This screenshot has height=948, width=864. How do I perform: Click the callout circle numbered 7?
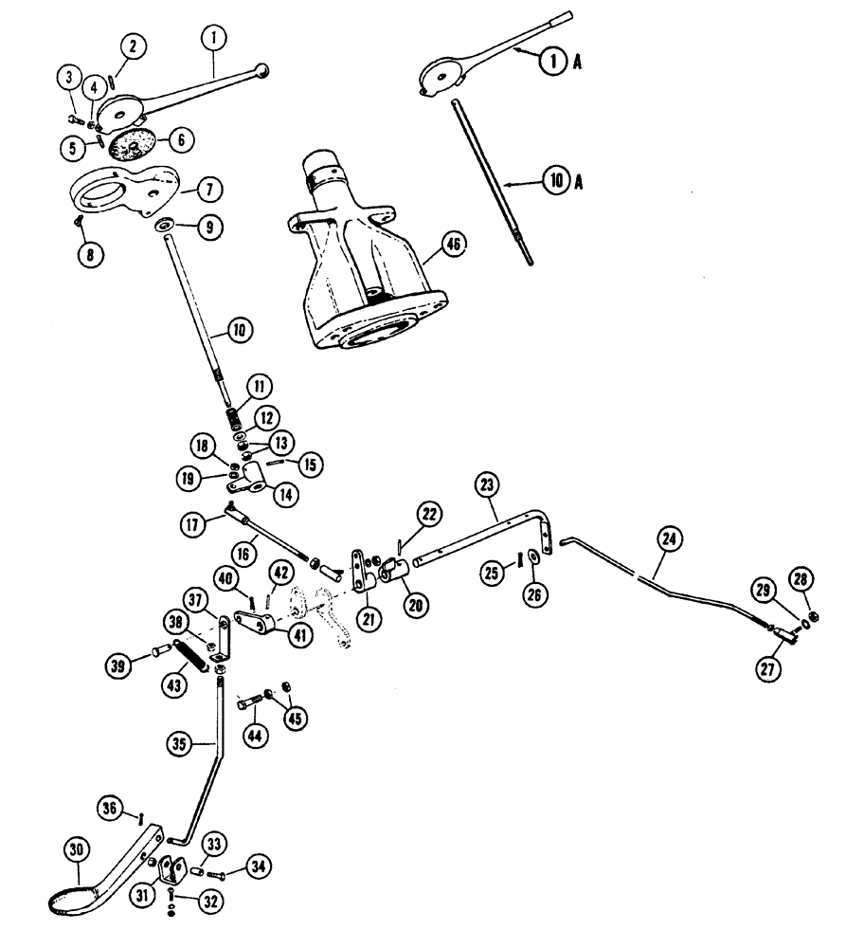point(210,190)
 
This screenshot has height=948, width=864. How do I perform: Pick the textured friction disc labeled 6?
point(135,146)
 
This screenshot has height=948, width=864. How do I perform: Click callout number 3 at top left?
point(69,79)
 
